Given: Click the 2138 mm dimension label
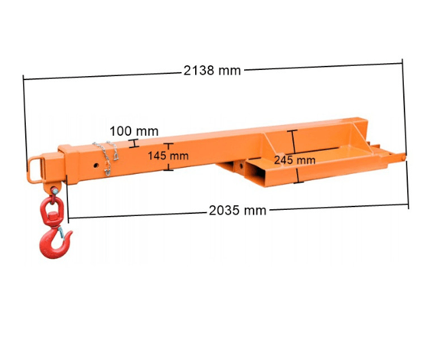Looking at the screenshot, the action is (212, 70).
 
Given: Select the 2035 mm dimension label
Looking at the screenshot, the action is (237, 211).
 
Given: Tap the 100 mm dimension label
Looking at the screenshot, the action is (134, 131).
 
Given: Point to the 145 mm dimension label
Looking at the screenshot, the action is (168, 156).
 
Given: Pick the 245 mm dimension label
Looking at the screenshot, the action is (294, 160).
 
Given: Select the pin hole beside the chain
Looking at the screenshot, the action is (96, 165).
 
